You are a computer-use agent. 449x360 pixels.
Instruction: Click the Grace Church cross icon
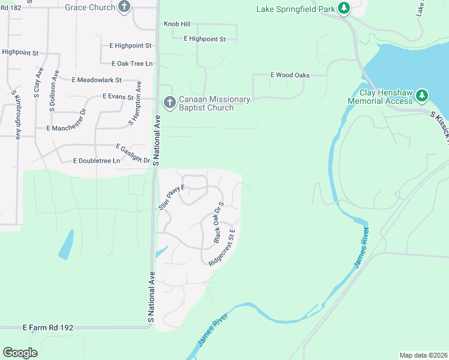tap(124, 7)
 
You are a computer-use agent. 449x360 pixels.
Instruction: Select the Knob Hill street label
tap(176, 24)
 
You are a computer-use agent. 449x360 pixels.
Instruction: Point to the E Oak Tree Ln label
tap(132, 64)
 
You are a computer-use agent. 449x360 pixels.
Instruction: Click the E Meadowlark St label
tap(97, 80)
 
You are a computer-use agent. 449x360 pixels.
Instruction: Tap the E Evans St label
tap(121, 96)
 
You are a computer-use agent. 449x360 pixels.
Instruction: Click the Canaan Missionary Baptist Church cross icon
tap(169, 102)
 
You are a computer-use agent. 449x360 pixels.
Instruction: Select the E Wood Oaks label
tap(290, 75)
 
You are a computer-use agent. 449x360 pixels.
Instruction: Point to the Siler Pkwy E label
tap(173, 196)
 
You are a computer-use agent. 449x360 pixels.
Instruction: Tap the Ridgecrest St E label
tap(224, 247)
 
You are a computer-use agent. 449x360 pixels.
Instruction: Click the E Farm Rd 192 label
tap(48, 328)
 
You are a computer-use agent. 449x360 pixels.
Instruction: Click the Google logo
tap(20, 353)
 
